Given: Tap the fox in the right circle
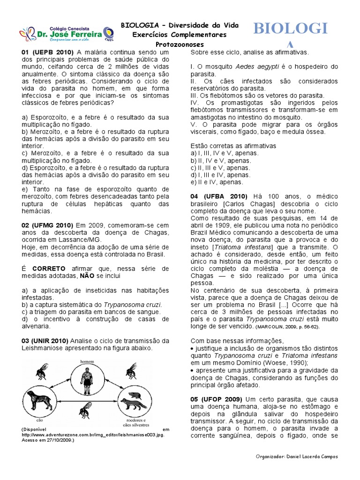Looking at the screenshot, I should (x=133, y=403).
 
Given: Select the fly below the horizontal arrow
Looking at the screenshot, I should (x=84, y=412).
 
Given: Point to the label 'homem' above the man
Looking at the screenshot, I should (x=86, y=361).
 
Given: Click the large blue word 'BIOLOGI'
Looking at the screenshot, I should (x=290, y=29).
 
